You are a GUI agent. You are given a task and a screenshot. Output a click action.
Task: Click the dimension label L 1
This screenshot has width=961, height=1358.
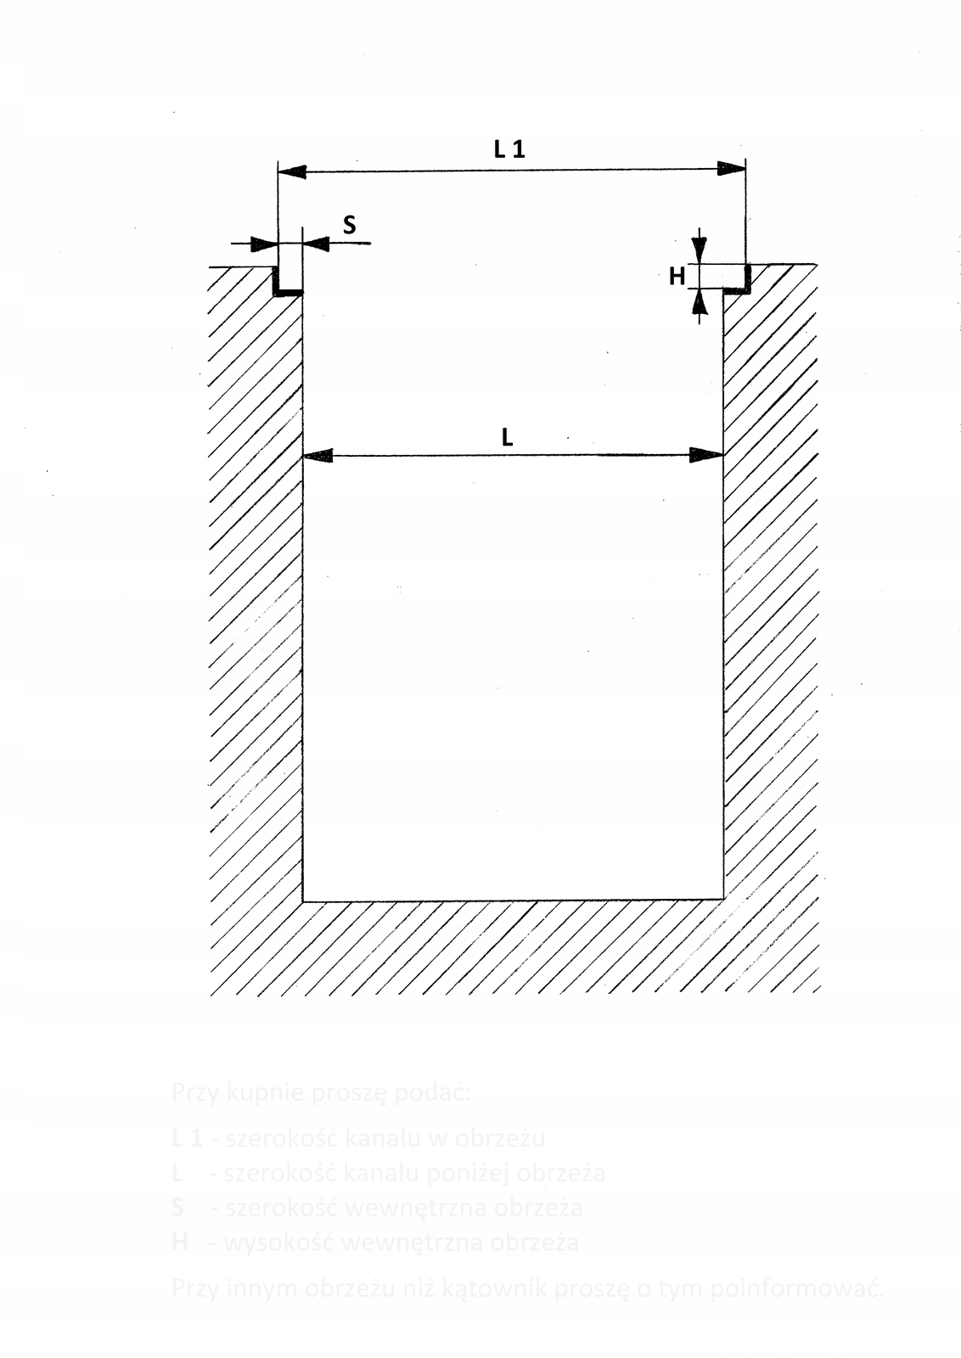[x=509, y=149]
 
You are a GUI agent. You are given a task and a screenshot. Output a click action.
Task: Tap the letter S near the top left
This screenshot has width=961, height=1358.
[x=349, y=226]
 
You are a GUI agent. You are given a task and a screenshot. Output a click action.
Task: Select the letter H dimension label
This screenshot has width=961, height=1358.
[x=677, y=276]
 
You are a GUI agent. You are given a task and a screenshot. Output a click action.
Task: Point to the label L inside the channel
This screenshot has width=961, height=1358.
[x=507, y=437]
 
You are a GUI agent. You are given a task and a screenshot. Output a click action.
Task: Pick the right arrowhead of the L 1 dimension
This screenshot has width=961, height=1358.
[x=731, y=168]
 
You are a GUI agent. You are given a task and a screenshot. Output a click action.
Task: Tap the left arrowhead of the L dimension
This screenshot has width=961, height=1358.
[x=318, y=457]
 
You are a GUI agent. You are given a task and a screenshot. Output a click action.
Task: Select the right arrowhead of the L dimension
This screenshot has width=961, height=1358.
[x=706, y=455]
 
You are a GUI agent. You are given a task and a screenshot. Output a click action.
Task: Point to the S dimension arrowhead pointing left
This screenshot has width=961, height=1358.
[x=317, y=244]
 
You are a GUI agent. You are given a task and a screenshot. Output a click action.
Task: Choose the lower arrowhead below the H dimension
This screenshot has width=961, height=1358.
[x=699, y=304]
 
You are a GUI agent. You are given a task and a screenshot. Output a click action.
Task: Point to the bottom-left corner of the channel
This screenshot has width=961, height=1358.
[x=303, y=901]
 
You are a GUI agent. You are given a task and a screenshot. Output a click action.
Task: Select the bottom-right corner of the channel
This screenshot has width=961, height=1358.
[x=722, y=899]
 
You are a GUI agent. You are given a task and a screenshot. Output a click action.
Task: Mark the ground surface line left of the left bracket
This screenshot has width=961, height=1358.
[x=238, y=267]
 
